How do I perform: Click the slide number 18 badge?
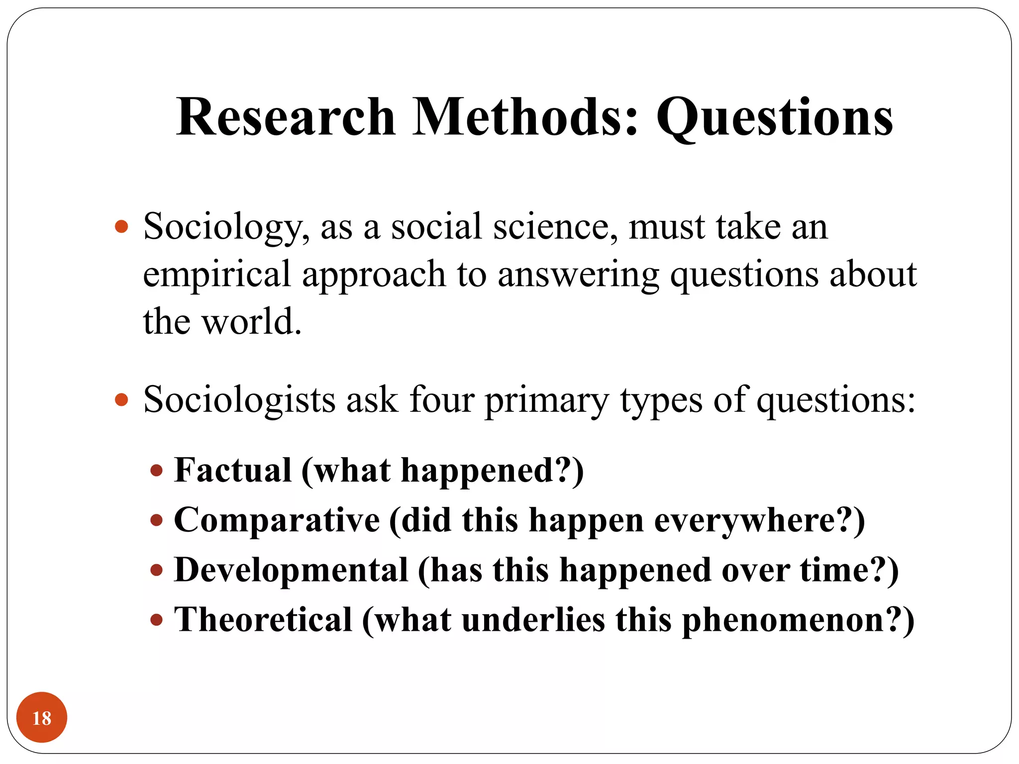click(42, 717)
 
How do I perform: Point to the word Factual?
click(233, 470)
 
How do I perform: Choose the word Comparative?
click(277, 520)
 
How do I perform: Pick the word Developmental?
click(291, 570)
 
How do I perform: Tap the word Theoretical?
click(263, 620)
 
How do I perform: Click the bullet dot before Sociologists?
click(121, 399)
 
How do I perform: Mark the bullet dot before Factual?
click(157, 471)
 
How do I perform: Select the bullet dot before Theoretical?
click(157, 620)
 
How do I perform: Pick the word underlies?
click(533, 620)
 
